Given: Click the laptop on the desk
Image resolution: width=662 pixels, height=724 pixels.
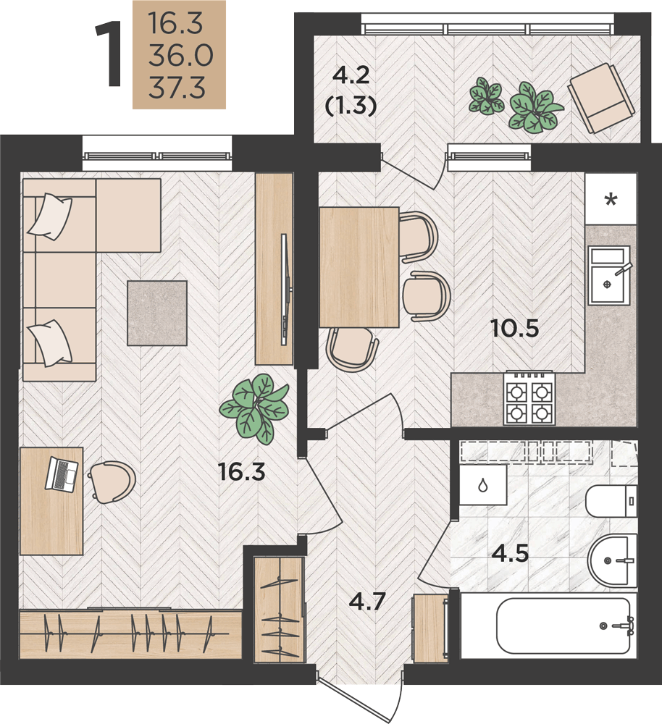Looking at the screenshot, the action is coord(62,474).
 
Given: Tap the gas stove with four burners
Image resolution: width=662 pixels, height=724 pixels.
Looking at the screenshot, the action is coord(529,398).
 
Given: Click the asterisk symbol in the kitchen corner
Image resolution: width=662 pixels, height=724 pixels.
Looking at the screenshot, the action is coord(611,200).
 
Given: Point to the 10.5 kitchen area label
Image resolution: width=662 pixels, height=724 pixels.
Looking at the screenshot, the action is coord(515,329).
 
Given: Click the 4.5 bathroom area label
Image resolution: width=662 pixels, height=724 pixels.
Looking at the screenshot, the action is coord(510,553).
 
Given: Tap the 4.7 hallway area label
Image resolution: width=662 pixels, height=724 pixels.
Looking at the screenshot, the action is coord(367,602).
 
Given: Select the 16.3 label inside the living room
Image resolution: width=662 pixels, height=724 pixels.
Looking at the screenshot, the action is coord(242,472).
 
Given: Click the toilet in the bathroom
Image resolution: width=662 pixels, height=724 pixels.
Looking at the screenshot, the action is coord(611,502).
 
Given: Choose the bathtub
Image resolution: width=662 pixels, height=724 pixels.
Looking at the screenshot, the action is coord(563,626).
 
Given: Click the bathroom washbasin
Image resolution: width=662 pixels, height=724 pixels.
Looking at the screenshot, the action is coord(613,560).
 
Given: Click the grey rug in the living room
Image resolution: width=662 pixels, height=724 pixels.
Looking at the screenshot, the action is coord(157,313).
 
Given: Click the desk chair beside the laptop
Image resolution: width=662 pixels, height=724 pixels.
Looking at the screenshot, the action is coord(112,481).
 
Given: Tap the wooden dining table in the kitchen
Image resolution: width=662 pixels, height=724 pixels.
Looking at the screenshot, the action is coord(359,267).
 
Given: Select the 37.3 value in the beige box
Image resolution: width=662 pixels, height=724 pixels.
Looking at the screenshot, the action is coord(177,88).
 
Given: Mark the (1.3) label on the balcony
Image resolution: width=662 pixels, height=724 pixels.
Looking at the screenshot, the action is coord(351,106).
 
